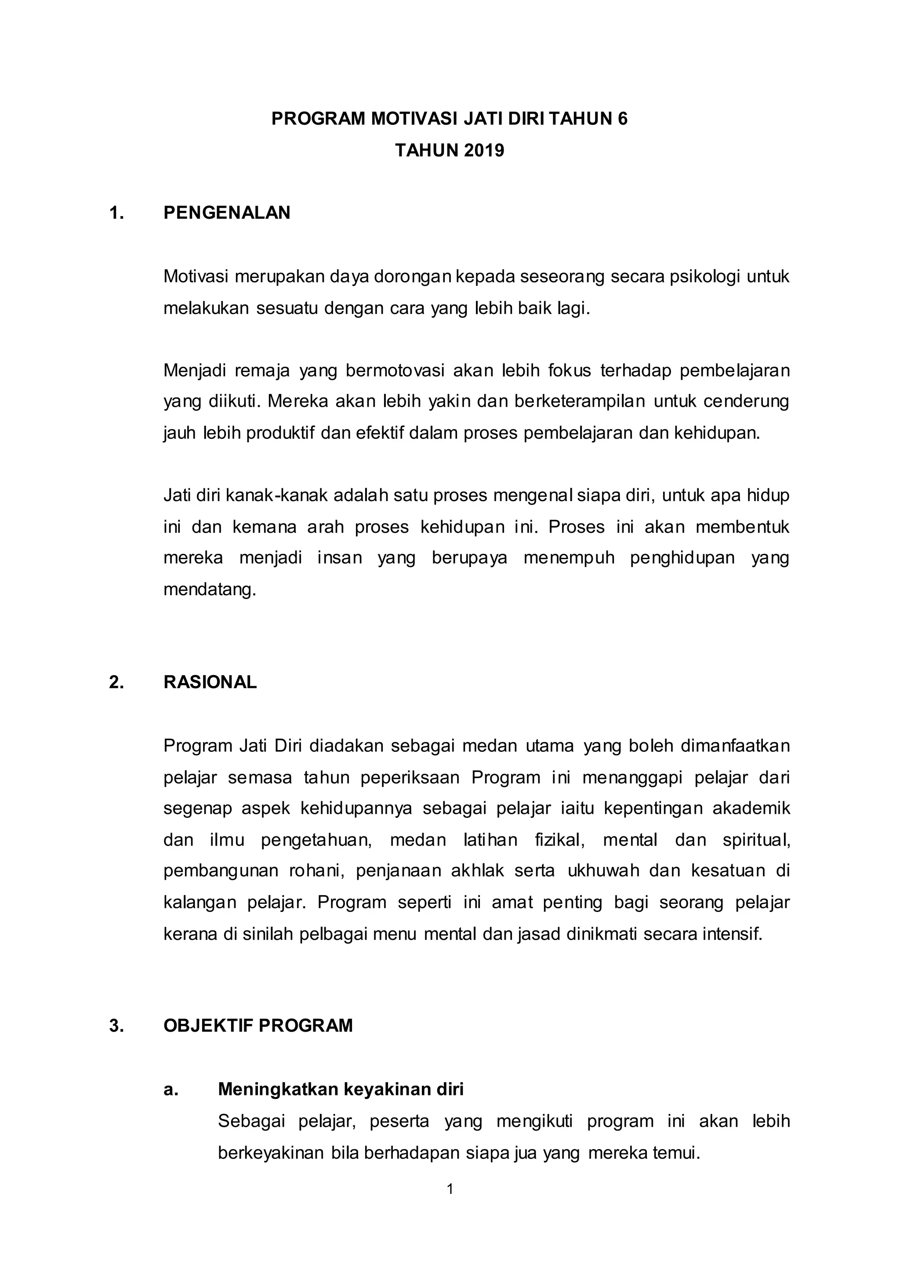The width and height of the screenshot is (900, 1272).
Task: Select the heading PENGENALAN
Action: pos(227,213)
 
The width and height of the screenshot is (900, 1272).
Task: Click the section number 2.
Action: pos(116,682)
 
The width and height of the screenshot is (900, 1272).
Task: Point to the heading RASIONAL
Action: pos(210,682)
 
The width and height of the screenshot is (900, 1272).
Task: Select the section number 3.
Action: pos(116,1026)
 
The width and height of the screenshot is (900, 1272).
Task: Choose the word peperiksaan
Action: pos(410,777)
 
